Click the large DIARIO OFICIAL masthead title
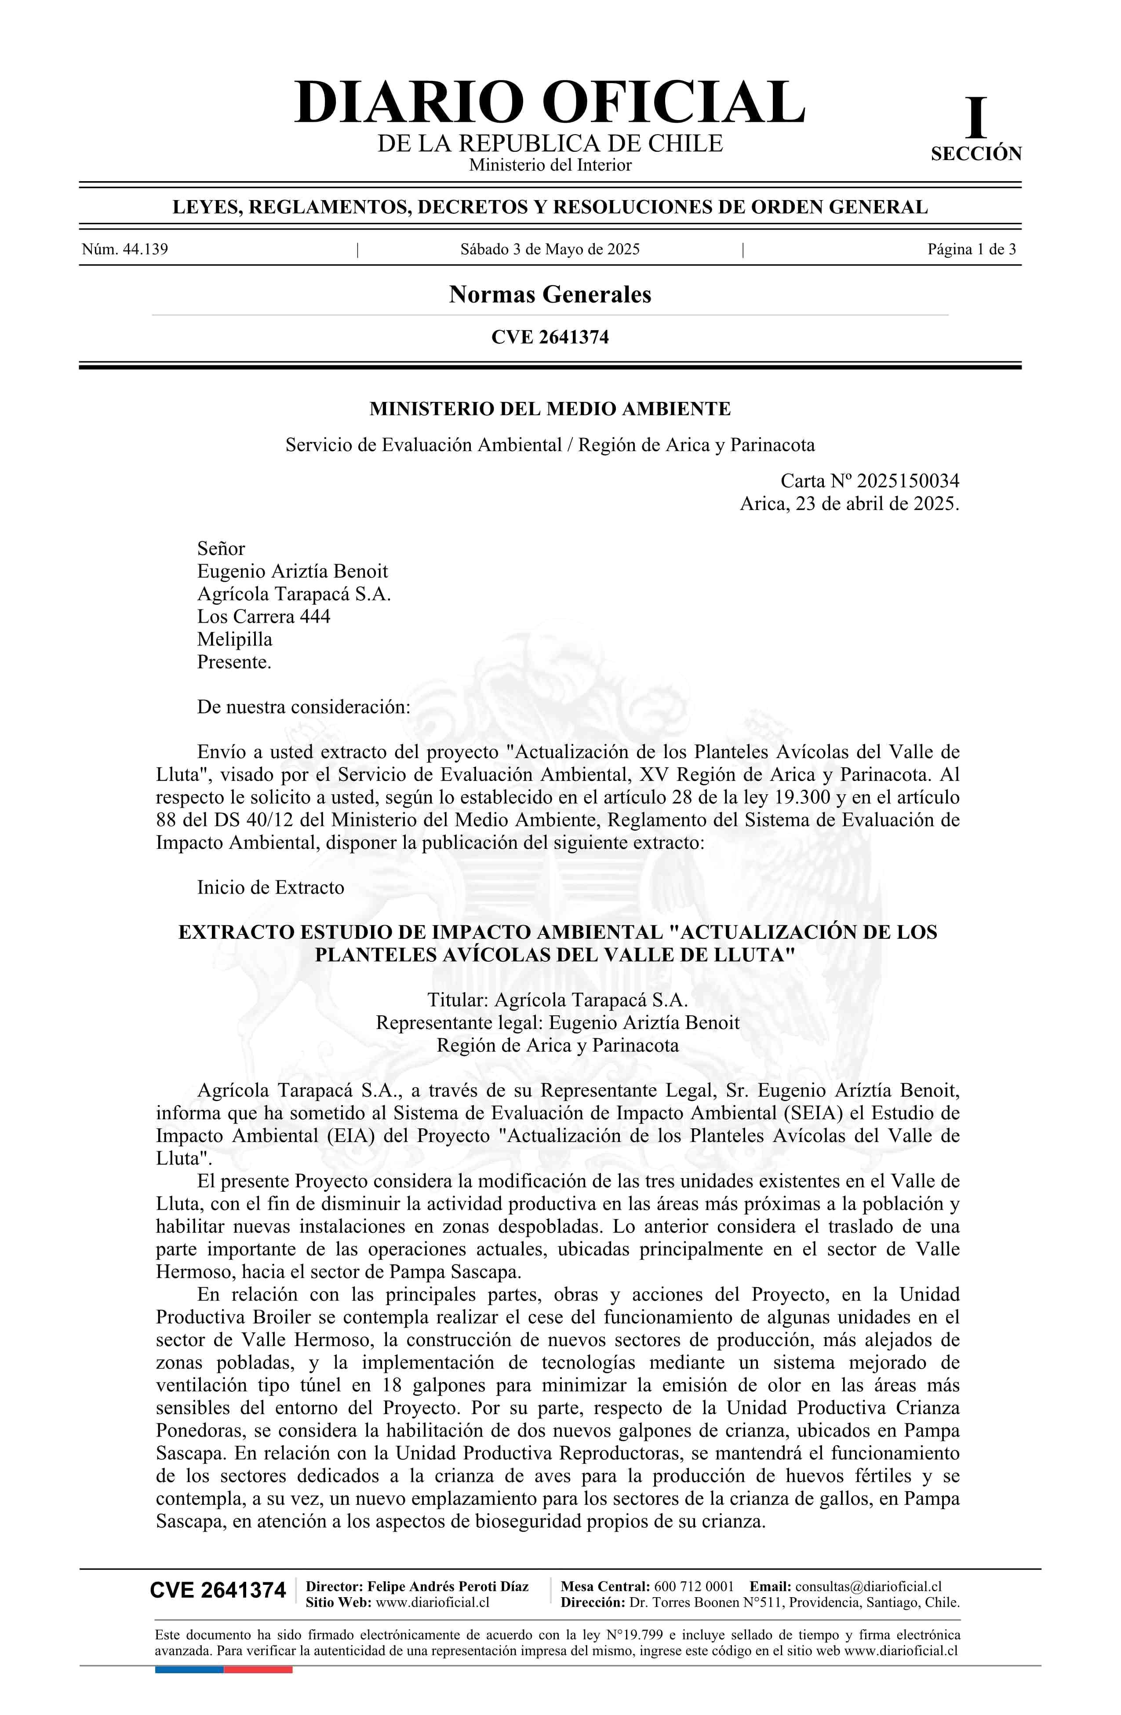click(x=549, y=103)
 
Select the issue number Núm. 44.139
click(x=125, y=250)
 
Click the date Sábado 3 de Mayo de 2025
click(x=550, y=250)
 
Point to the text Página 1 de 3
click(x=971, y=250)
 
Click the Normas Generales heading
click(x=550, y=295)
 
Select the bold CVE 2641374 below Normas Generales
click(x=550, y=337)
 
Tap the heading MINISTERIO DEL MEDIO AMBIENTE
click(x=550, y=409)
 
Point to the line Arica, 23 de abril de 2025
click(x=849, y=504)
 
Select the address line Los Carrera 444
click(x=264, y=617)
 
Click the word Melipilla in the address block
click(x=235, y=639)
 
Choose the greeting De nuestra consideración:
click(x=303, y=707)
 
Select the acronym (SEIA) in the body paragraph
click(x=810, y=1113)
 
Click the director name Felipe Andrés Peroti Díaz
click(x=448, y=1586)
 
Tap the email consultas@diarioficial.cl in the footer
click(x=868, y=1586)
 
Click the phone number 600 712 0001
click(x=693, y=1586)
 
